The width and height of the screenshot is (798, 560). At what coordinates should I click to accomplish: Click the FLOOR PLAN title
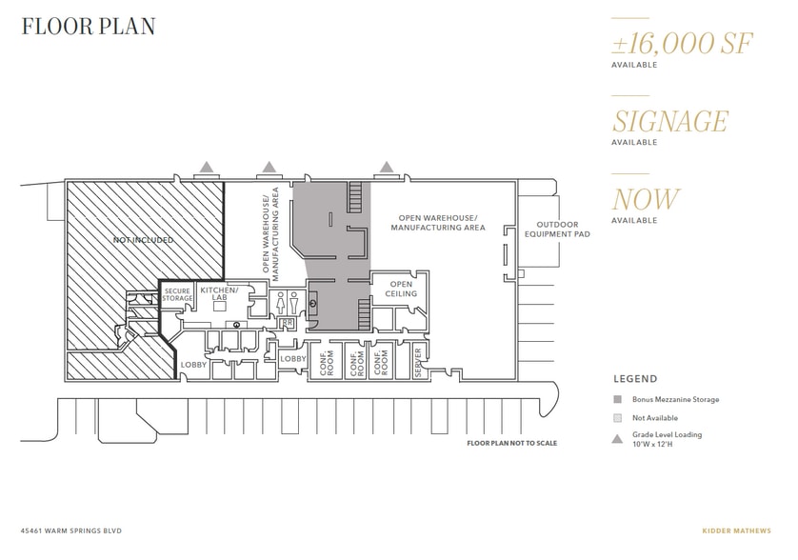pos(89,26)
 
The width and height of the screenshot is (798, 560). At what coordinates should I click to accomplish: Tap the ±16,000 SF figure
pos(669,44)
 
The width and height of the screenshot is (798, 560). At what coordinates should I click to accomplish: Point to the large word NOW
pos(646,199)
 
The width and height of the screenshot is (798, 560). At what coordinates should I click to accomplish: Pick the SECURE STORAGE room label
pos(178,294)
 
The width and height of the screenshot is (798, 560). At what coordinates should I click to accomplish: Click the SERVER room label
pos(418,362)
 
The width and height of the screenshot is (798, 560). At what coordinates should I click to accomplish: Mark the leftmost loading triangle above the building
pos(206,167)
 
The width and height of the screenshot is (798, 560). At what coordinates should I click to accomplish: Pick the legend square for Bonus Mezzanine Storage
pos(616,399)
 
